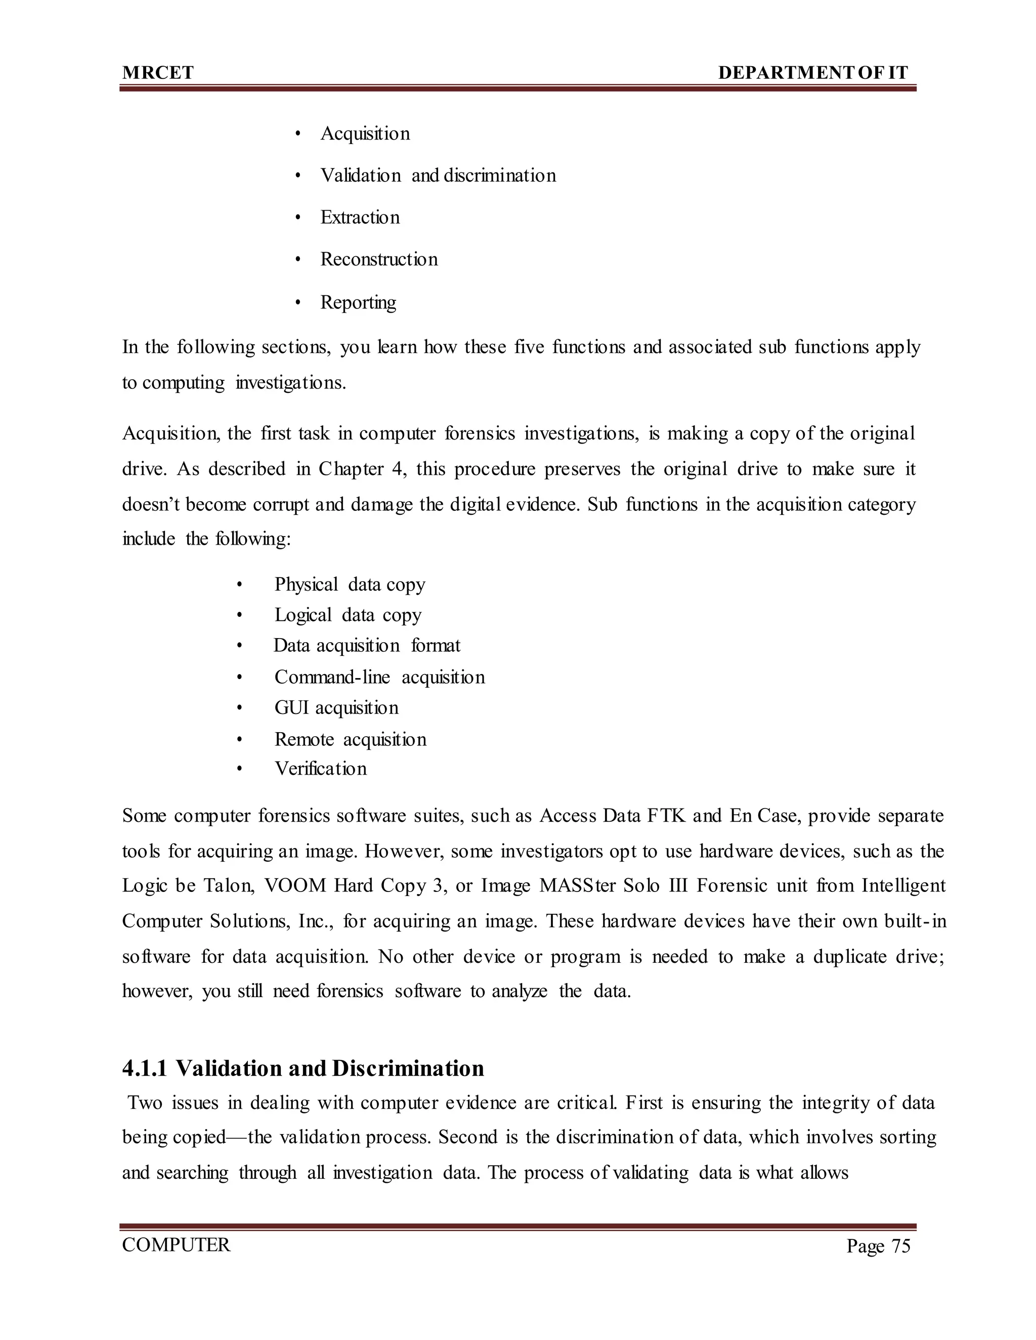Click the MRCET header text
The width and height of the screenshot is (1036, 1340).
[x=158, y=73]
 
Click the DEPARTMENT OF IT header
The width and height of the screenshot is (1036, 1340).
[x=812, y=73]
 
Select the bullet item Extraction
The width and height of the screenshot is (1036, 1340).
[x=360, y=217]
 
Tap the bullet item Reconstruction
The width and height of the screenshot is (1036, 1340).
[x=379, y=259]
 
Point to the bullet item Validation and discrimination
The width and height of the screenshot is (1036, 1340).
[x=438, y=175]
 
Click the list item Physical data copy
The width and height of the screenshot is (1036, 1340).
[x=349, y=584]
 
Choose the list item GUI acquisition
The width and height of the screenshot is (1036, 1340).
[x=336, y=707]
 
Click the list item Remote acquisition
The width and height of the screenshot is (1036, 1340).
[x=350, y=739]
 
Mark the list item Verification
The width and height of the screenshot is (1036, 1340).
[x=320, y=768]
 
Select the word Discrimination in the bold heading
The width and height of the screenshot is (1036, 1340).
[x=408, y=1069]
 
